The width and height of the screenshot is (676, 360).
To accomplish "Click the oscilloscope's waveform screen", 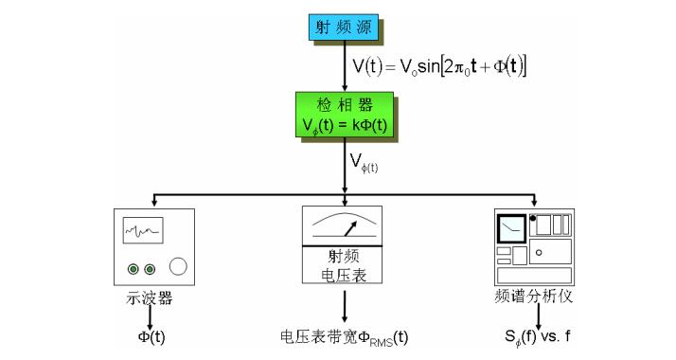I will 143,230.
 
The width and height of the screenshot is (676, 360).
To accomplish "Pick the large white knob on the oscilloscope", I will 179,268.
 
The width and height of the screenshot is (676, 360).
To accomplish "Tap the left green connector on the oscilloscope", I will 133,269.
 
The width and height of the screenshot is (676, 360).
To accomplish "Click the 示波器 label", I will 149,297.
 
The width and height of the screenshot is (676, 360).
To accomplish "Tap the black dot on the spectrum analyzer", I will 533,219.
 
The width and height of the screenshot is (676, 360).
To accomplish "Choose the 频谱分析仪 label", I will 534,297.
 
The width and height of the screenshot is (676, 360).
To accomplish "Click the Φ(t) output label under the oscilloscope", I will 149,336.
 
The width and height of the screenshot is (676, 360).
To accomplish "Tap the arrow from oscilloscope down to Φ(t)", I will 149,315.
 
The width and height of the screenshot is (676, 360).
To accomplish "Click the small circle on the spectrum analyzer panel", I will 538,253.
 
